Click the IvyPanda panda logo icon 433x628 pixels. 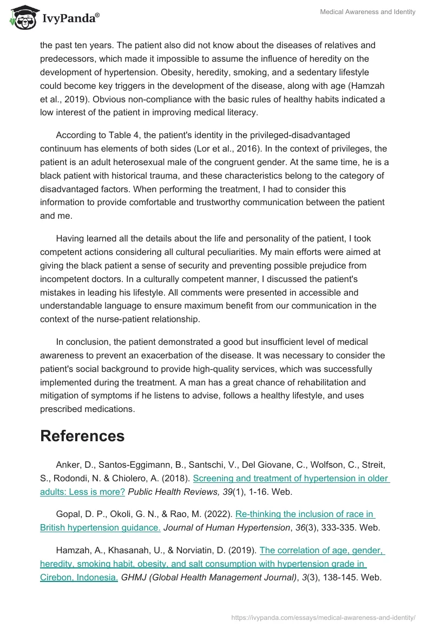[x=22, y=17]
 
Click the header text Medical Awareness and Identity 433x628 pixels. [x=369, y=12]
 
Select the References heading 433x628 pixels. [x=82, y=436]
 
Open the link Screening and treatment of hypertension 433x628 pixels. [x=291, y=479]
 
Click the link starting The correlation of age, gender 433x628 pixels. [x=322, y=550]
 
